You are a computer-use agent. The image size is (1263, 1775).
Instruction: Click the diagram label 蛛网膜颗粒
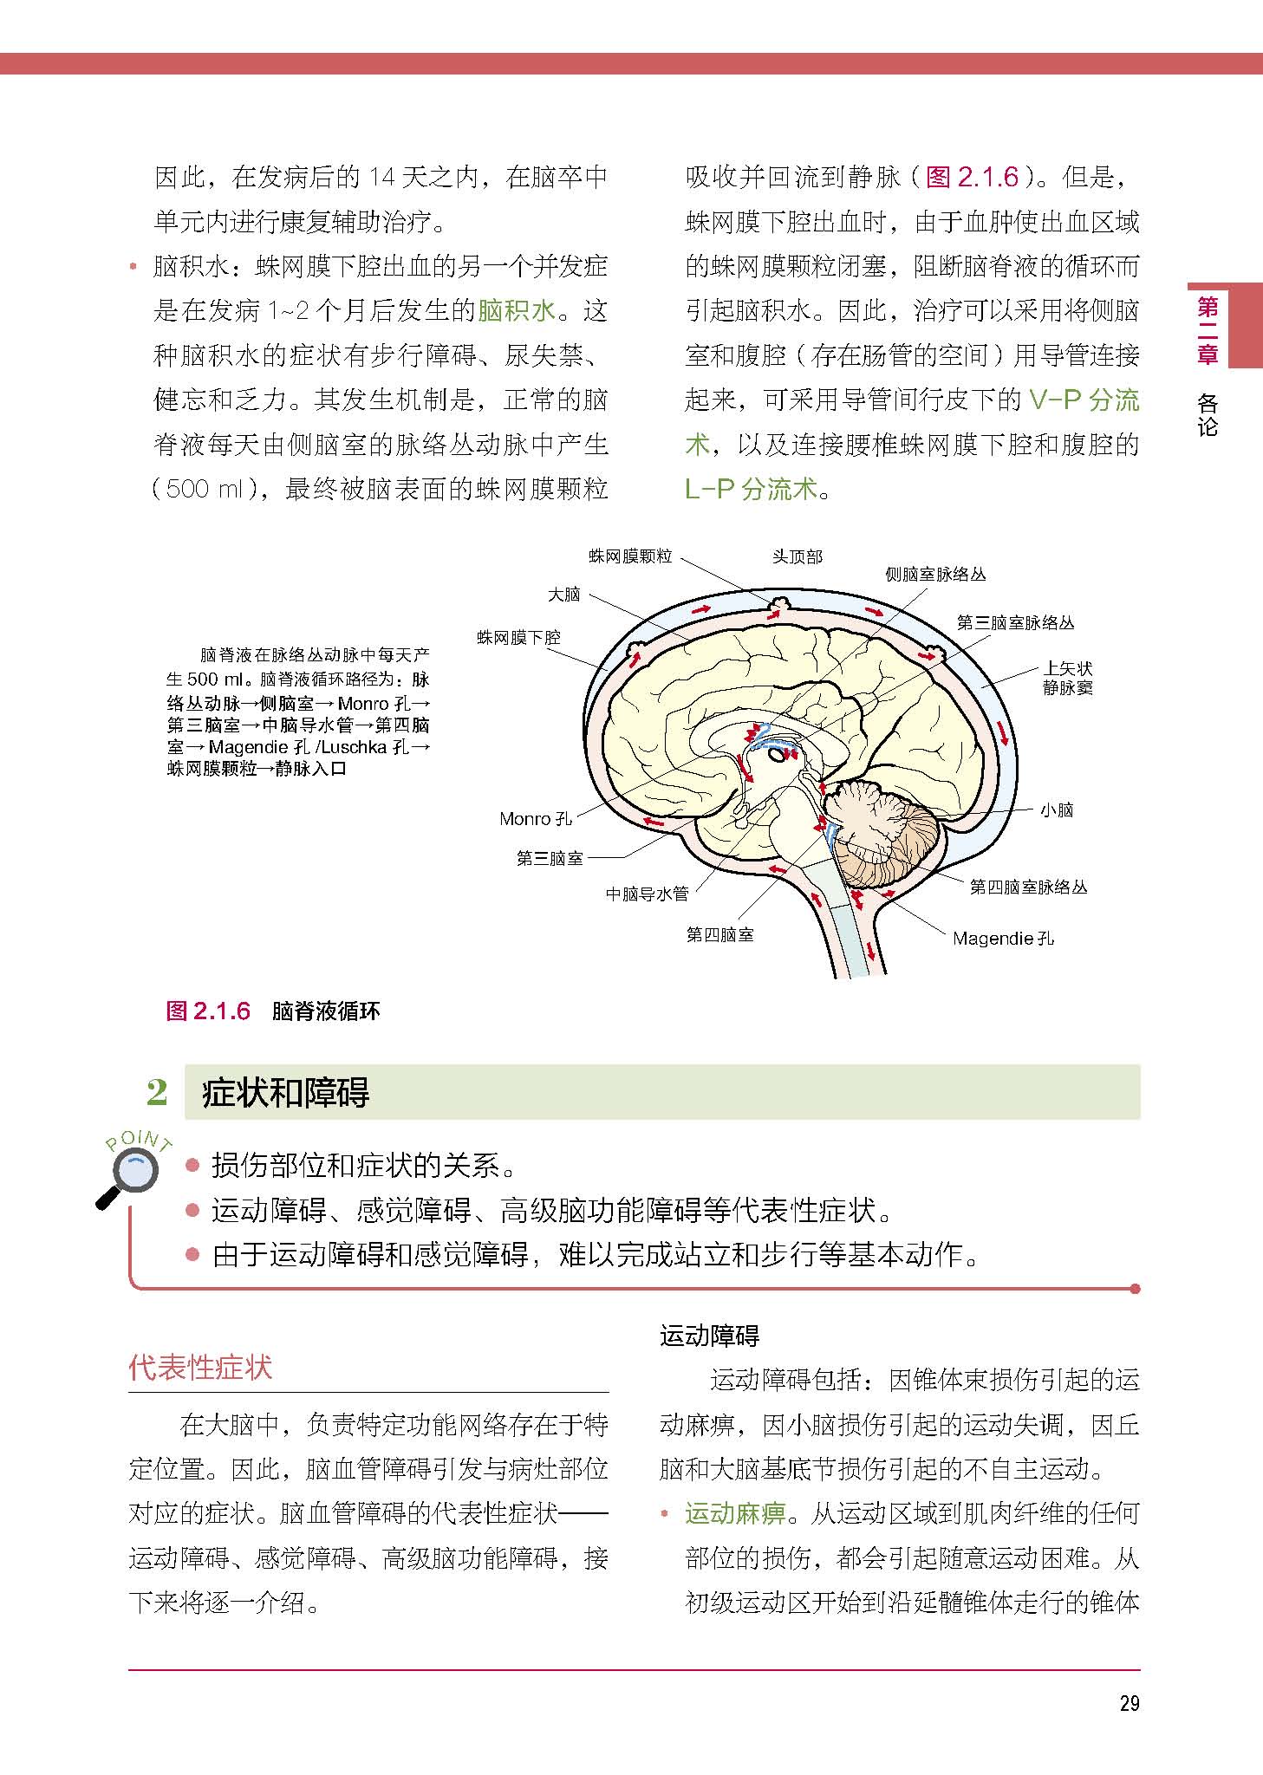point(630,556)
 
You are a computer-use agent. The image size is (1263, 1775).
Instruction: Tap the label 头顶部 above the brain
point(797,556)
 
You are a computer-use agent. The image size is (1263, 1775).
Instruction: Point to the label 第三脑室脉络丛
point(1015,623)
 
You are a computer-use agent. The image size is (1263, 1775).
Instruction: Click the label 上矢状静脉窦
point(1067,678)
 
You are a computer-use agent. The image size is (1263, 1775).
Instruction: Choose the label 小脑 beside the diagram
point(1057,810)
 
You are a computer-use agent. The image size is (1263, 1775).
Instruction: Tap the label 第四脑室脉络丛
point(1027,887)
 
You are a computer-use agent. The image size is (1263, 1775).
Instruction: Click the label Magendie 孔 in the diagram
point(1003,938)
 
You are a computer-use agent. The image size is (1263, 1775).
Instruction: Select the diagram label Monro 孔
point(536,818)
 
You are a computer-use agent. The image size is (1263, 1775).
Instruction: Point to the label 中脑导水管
point(647,894)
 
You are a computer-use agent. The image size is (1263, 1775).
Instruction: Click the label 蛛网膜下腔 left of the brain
point(518,638)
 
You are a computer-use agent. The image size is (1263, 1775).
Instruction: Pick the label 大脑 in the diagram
point(563,595)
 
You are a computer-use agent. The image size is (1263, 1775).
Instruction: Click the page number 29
point(1129,1704)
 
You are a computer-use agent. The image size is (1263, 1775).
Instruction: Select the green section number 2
point(157,1092)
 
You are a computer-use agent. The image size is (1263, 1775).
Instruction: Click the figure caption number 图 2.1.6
point(208,1011)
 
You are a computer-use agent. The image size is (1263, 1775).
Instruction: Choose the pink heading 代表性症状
point(200,1369)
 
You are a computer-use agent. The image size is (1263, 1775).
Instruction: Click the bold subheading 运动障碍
point(709,1336)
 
